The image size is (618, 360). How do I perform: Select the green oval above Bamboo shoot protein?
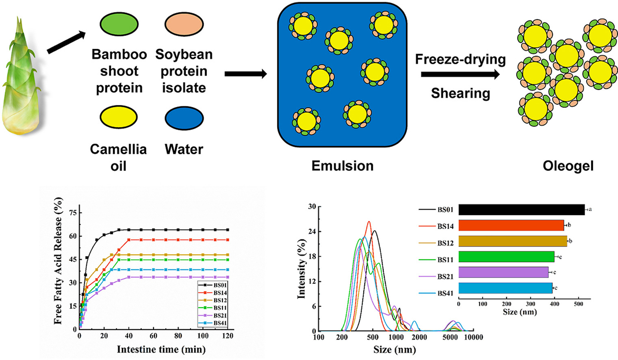click(x=119, y=24)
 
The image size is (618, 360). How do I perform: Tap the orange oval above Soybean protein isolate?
click(x=184, y=24)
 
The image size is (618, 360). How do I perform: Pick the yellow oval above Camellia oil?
click(x=119, y=117)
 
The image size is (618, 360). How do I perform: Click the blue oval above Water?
click(x=184, y=119)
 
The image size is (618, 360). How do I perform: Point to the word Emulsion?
click(x=342, y=166)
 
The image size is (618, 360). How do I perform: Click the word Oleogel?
click(x=568, y=166)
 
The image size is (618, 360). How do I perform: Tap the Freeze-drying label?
click(x=460, y=59)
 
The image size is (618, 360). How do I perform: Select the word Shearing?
click(x=460, y=93)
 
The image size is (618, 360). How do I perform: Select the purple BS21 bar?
click(x=503, y=272)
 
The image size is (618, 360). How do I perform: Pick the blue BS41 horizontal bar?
click(x=505, y=288)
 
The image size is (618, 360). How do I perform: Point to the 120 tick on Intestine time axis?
click(x=228, y=336)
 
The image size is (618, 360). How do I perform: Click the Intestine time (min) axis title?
click(x=161, y=349)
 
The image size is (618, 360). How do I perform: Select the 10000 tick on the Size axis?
click(x=473, y=337)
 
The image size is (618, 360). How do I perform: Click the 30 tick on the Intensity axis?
click(x=312, y=206)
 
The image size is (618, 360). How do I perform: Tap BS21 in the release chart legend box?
click(x=220, y=315)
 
